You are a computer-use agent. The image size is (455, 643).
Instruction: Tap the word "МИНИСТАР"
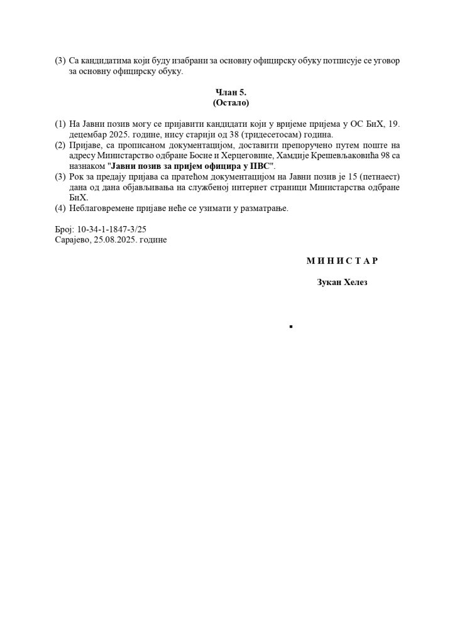click(343, 260)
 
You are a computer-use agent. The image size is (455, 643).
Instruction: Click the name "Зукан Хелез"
click(343, 283)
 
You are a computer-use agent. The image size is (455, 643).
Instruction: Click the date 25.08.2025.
click(115, 240)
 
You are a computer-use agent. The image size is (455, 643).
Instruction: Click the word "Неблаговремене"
click(101, 208)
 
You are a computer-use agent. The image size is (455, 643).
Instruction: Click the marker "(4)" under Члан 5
click(60, 208)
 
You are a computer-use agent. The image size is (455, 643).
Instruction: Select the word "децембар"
click(89, 134)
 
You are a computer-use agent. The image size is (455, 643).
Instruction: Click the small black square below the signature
click(291, 327)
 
